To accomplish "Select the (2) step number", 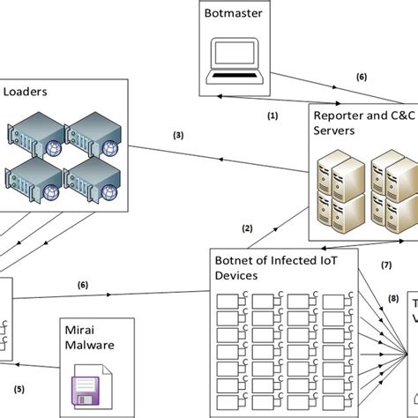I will coord(248,228).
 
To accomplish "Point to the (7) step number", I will coord(386,265).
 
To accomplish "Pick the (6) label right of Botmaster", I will coord(362,77).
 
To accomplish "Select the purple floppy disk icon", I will coord(86,391).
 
